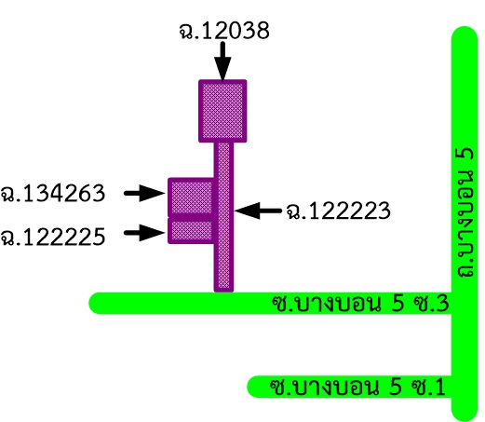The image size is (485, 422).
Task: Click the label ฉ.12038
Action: coord(224,31)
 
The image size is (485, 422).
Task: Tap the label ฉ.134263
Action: coord(53,193)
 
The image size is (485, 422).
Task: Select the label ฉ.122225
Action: coord(53,237)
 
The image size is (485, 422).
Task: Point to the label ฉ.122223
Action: coord(338,211)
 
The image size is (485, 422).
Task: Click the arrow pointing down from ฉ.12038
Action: coord(222,62)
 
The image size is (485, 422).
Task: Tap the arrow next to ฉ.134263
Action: coord(144,193)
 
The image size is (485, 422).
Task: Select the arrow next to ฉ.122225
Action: coord(144,233)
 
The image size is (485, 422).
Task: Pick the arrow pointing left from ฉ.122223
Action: coord(258,211)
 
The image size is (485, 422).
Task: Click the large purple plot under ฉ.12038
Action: coord(222,111)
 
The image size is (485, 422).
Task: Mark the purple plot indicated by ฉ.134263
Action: coord(191,197)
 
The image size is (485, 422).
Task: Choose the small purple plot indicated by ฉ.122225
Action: coord(191,231)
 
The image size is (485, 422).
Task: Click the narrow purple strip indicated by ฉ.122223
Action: coord(223,217)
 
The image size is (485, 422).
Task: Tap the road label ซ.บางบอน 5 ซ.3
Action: coord(360,304)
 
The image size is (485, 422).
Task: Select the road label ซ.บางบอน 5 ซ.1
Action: coord(357,387)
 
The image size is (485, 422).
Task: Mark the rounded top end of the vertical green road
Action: coord(465,31)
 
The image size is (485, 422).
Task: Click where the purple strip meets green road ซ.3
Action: coord(223,293)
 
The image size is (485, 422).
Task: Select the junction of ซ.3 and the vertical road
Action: coord(465,303)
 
